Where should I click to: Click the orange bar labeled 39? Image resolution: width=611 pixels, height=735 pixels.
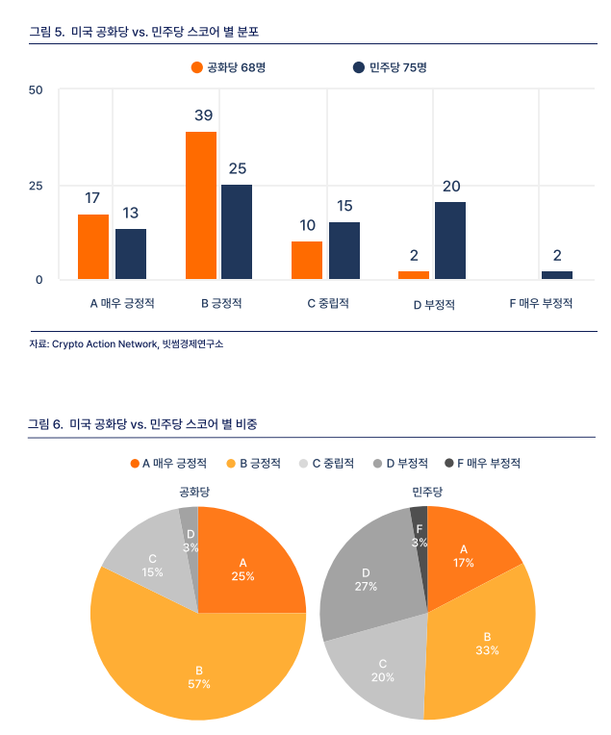[x=200, y=206]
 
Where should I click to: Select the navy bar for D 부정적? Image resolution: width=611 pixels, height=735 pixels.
[x=449, y=241]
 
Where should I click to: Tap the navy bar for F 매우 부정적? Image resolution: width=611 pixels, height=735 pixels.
[x=556, y=275]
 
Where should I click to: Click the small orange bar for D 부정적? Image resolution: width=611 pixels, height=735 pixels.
[x=414, y=275]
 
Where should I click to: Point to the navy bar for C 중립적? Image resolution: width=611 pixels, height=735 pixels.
[x=344, y=250]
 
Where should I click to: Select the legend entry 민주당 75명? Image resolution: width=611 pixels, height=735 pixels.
[x=390, y=67]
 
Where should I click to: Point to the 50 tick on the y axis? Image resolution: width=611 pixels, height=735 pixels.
[x=37, y=90]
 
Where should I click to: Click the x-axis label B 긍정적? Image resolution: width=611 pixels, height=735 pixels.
[x=221, y=304]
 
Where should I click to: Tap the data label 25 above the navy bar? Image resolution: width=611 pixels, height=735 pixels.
[x=237, y=168]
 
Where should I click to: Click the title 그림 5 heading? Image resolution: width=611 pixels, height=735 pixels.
[x=143, y=32]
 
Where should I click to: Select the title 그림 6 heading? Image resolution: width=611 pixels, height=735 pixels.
[x=143, y=423]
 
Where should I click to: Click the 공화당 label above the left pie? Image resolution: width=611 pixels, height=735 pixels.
[x=195, y=492]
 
